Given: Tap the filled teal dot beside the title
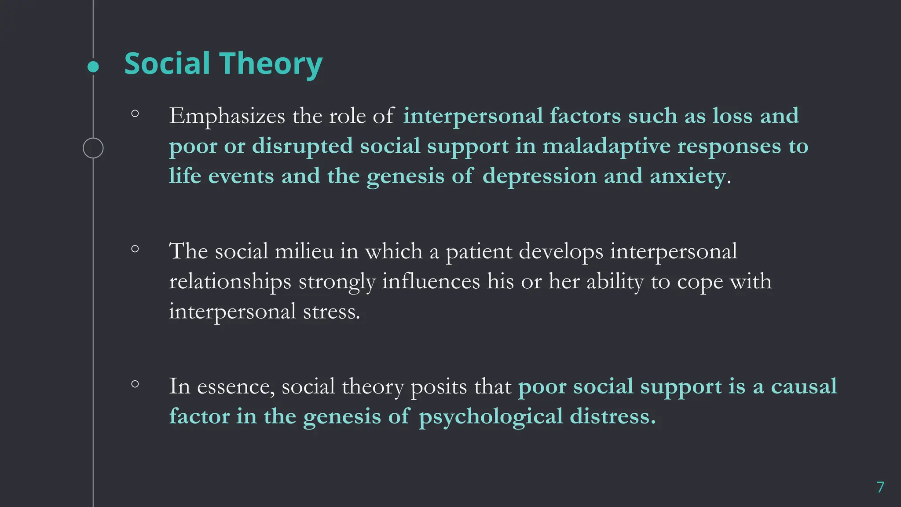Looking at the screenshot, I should point(93,67).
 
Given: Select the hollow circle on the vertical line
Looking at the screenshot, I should point(93,148).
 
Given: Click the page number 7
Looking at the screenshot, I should point(880,487).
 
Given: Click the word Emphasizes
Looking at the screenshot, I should point(227,116).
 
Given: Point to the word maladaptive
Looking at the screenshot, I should point(606,146).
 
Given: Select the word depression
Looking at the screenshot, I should point(539,176).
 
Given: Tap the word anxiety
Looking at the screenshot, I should point(688,176).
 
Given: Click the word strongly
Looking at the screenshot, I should point(337,282).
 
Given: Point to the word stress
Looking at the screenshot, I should point(331,312).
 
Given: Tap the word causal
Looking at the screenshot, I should point(803,387).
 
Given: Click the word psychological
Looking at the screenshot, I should point(491,417).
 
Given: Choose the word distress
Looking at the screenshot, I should point(612,417).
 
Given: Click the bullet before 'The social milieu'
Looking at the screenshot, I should point(135,249).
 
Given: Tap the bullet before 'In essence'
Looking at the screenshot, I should point(135,384).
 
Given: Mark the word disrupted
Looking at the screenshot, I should point(302,146).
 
